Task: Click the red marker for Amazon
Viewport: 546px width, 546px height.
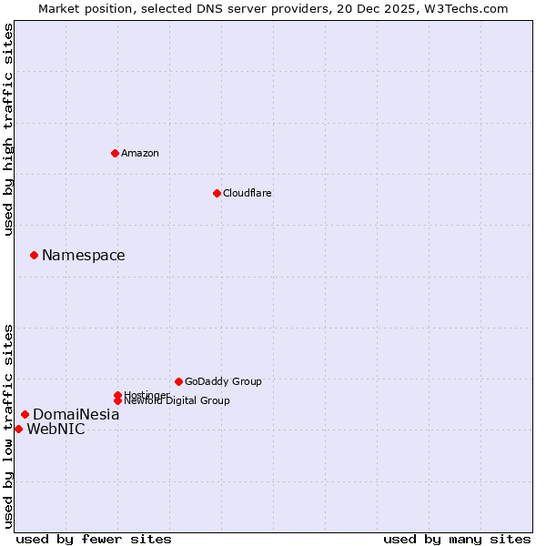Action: tap(115, 153)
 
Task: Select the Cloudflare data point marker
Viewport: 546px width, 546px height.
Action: tap(217, 193)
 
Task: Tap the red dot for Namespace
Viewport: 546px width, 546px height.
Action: tap(34, 256)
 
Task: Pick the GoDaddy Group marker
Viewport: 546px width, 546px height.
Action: tap(178, 381)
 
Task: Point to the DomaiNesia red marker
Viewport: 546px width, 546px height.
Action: tap(25, 415)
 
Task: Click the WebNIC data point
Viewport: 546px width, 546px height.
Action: tap(18, 429)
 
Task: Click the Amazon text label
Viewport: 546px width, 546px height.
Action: tap(140, 153)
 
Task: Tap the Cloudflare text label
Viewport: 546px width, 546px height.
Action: tap(248, 193)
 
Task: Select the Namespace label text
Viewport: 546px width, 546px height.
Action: tap(84, 256)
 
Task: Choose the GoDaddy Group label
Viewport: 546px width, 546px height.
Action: tap(223, 381)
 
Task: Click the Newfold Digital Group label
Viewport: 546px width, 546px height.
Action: tap(177, 401)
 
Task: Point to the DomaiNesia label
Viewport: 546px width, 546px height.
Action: tap(76, 415)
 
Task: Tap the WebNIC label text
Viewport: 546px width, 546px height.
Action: tap(56, 430)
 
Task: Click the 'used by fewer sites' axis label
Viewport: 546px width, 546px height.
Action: tap(94, 539)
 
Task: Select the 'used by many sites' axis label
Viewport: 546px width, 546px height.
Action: tap(457, 539)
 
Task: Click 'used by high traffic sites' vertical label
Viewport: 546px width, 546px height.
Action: tap(9, 129)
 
